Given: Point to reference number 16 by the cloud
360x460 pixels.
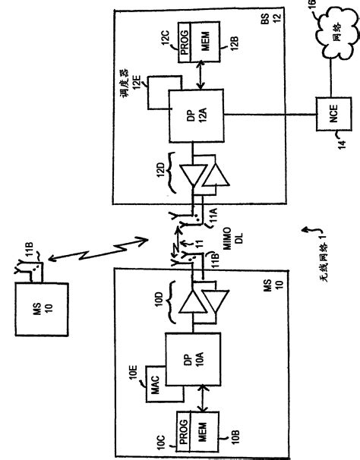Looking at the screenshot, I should tap(353, 7).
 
